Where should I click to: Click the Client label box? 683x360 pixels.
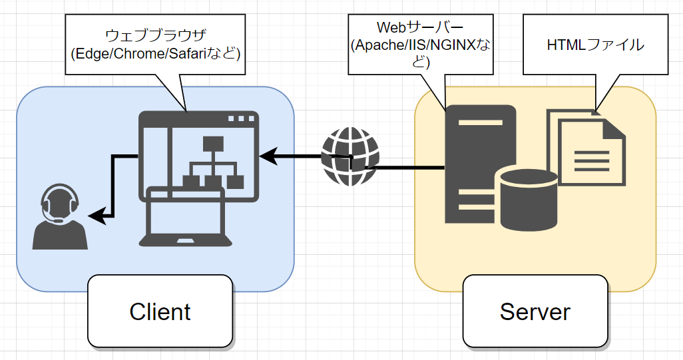160,311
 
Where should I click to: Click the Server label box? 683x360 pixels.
535,311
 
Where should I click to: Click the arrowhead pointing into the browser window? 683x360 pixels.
267,157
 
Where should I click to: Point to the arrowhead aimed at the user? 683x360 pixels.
97,216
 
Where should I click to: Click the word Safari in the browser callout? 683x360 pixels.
189,53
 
